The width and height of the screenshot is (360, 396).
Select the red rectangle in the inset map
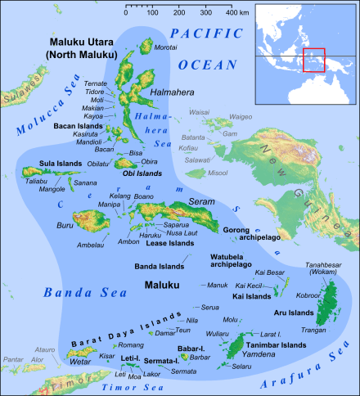[313, 61]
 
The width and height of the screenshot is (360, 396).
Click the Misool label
[218, 173]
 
